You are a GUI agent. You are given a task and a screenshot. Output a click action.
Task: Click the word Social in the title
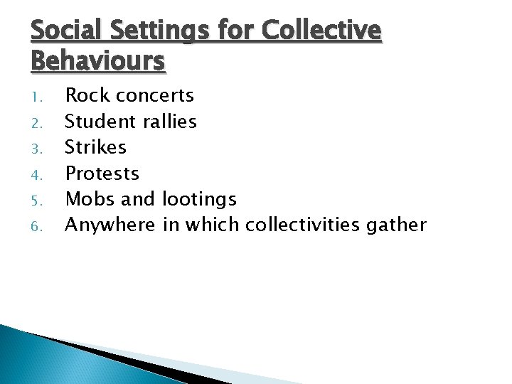[63, 32]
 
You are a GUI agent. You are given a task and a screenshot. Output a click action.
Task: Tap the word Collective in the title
[321, 32]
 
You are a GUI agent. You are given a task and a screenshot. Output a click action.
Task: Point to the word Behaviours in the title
[98, 61]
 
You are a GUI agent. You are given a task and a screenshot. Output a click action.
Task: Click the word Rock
[86, 95]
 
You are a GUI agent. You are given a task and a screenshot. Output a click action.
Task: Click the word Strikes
[95, 147]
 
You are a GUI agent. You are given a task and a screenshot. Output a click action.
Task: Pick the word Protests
[102, 174]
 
